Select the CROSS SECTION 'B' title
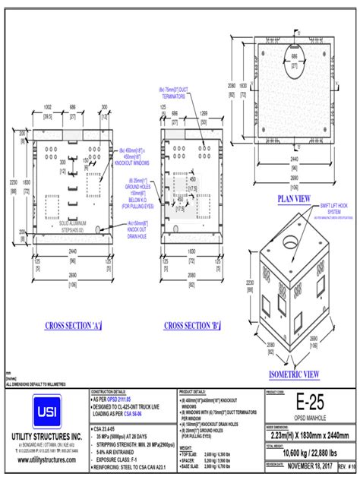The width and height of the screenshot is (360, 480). point(192,326)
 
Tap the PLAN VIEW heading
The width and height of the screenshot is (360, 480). point(293,198)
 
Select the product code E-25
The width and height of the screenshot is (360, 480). point(309,402)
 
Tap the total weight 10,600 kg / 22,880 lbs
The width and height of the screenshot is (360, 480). point(309,452)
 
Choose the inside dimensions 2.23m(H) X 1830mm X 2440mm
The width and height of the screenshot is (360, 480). point(310,435)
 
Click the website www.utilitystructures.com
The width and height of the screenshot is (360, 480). point(46,461)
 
